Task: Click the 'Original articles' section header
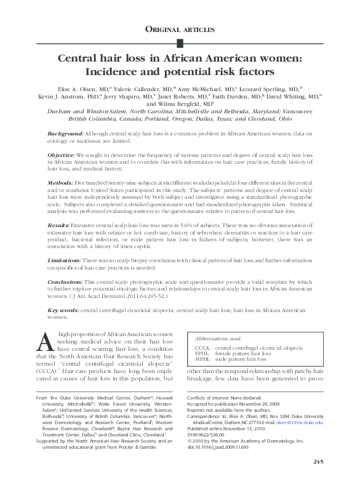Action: [180, 29]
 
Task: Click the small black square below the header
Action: [180, 42]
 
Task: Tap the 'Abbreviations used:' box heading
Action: [217, 339]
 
